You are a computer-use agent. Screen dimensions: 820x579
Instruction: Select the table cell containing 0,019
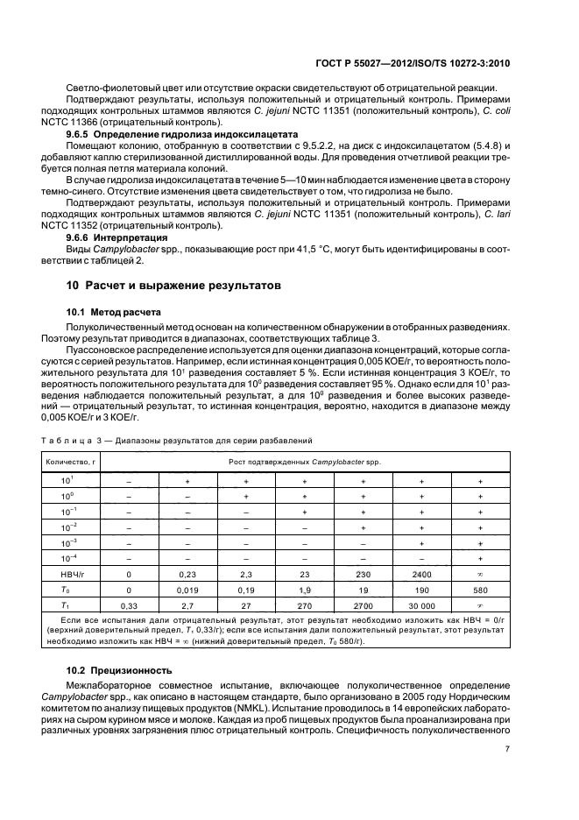pos(187,589)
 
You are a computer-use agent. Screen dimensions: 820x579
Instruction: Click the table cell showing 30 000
pos(421,604)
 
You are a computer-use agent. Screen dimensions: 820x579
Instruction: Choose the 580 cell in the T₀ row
pos(480,589)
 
